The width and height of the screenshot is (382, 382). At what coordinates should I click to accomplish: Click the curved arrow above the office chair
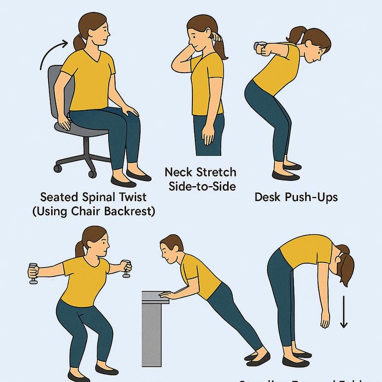(52, 52)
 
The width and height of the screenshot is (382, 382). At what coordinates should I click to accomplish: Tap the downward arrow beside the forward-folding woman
(344, 312)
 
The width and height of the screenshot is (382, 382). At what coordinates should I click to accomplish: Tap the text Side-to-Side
(202, 186)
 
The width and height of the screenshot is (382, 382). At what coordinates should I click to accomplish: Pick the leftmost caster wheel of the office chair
(58, 168)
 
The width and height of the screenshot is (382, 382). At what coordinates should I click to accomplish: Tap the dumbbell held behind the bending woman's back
(260, 47)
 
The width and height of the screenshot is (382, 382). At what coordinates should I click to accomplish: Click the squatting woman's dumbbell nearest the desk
(127, 268)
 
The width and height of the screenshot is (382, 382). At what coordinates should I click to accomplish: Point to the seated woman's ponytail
(79, 41)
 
